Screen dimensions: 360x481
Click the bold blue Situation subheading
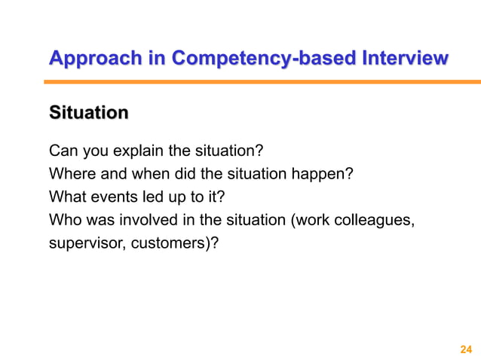click(x=87, y=114)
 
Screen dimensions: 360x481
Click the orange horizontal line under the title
click(x=264, y=81)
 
